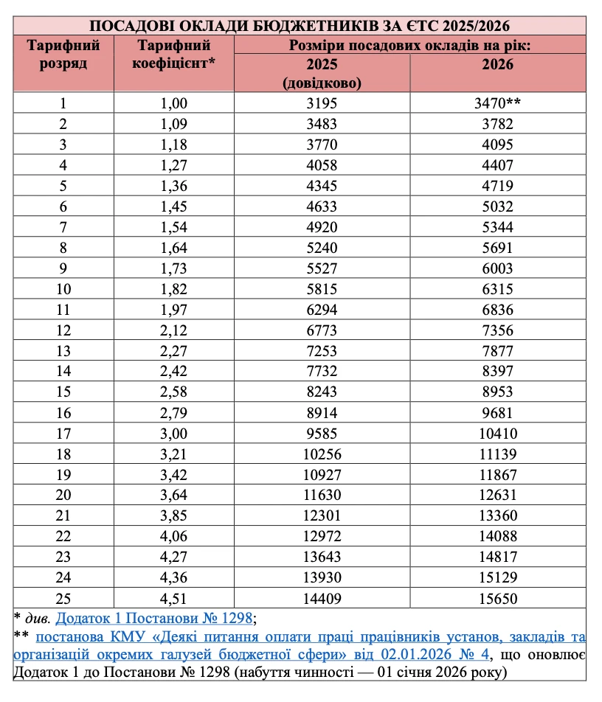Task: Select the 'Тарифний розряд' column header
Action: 63,54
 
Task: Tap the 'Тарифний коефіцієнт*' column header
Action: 174,54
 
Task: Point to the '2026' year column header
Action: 497,64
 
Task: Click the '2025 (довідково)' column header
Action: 322,73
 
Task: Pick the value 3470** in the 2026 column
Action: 497,103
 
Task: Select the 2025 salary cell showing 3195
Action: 322,103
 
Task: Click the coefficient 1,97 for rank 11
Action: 174,310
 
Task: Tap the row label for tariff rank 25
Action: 63,599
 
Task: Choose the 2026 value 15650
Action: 497,599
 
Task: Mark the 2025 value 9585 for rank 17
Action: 322,434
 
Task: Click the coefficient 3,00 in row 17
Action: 174,434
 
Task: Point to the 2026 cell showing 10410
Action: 497,434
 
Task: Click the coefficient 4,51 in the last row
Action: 174,599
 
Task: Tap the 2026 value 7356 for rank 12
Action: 497,330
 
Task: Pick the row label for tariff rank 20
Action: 63,496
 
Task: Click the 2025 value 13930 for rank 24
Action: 322,578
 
